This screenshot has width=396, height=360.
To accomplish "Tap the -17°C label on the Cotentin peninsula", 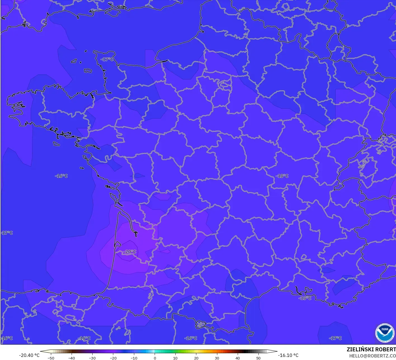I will [x=107, y=59].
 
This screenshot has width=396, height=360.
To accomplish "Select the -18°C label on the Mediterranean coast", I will [x=305, y=298].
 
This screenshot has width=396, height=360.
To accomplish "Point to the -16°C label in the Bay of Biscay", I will [x=62, y=176].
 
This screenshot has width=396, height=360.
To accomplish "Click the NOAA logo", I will [x=385, y=333].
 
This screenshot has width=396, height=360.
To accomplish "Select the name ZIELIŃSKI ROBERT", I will [x=371, y=349].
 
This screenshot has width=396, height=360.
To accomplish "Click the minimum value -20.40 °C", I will [x=29, y=355].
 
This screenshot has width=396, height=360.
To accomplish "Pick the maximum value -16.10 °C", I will [x=288, y=355].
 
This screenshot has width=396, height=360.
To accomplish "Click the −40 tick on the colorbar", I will [x=72, y=358].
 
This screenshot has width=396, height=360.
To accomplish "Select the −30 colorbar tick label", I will [x=92, y=358].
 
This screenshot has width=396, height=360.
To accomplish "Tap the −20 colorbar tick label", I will [x=113, y=358].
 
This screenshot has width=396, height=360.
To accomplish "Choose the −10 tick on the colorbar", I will [x=134, y=358].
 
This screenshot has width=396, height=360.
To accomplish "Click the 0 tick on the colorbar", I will [x=155, y=358].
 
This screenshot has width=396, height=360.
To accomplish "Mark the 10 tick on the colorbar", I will [x=175, y=358].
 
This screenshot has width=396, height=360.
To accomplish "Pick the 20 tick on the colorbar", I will [x=196, y=358].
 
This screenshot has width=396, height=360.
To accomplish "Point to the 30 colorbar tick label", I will [x=217, y=358].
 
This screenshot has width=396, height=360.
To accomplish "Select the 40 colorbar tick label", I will [x=237, y=358].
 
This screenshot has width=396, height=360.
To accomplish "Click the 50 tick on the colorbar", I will [x=258, y=358].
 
